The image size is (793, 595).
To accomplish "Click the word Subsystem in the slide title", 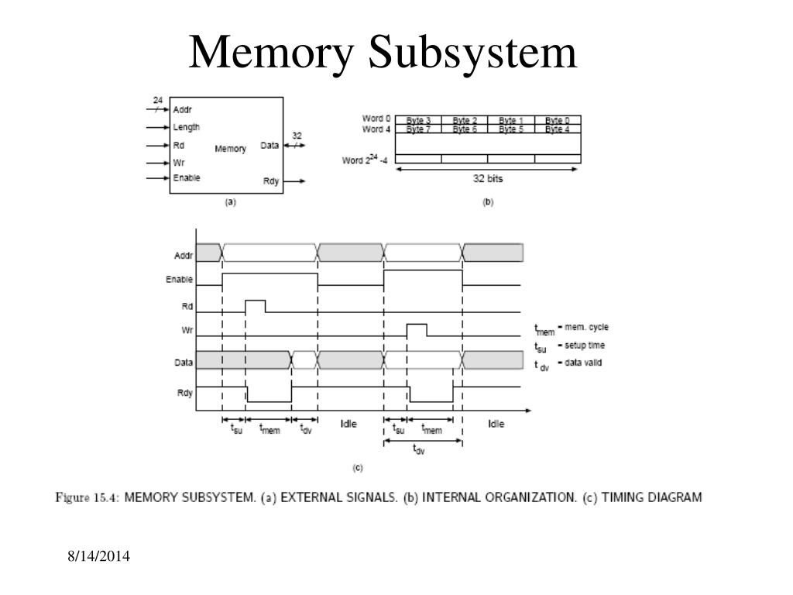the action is (472, 53).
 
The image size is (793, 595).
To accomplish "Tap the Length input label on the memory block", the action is (186, 128).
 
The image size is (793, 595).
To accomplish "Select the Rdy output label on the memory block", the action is (271, 181).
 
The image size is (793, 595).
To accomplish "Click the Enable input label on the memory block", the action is (187, 177).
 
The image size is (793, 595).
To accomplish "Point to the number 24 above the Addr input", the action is (158, 100).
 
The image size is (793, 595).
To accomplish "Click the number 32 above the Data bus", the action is (297, 136).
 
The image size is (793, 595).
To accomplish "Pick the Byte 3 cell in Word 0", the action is (418, 120).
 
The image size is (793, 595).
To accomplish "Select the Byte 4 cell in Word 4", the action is (558, 129).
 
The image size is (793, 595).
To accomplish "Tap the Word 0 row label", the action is (376, 119).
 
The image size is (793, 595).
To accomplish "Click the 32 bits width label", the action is (488, 179).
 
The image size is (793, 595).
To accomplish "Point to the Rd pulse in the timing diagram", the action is (256, 306).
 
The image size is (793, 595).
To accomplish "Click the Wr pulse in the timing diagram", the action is (417, 330).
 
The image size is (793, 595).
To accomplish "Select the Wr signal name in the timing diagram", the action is (187, 330).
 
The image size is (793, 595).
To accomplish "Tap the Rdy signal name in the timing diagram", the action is (184, 393).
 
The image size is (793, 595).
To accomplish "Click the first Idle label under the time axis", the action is (348, 424).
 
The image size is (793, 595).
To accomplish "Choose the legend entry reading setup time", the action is (585, 345).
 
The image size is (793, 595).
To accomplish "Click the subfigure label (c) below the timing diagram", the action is (358, 468).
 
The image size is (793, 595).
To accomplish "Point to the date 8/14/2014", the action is (98, 556).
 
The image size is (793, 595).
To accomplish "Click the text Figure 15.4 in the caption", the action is (87, 498).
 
